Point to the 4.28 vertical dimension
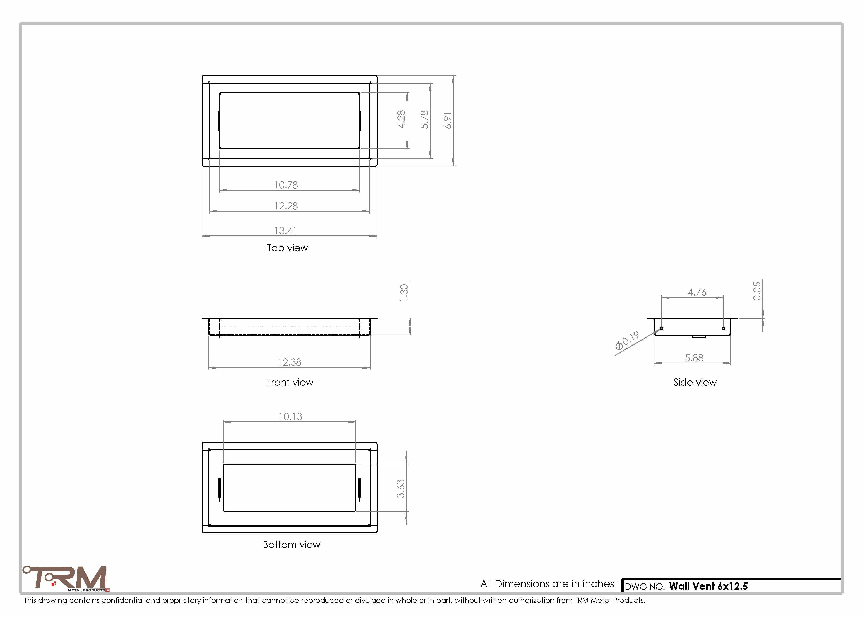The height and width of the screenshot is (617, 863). [401, 119]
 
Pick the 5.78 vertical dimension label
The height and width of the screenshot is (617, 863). [424, 119]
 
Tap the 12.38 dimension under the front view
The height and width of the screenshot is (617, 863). [289, 362]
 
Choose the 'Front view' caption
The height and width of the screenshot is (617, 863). [290, 382]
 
